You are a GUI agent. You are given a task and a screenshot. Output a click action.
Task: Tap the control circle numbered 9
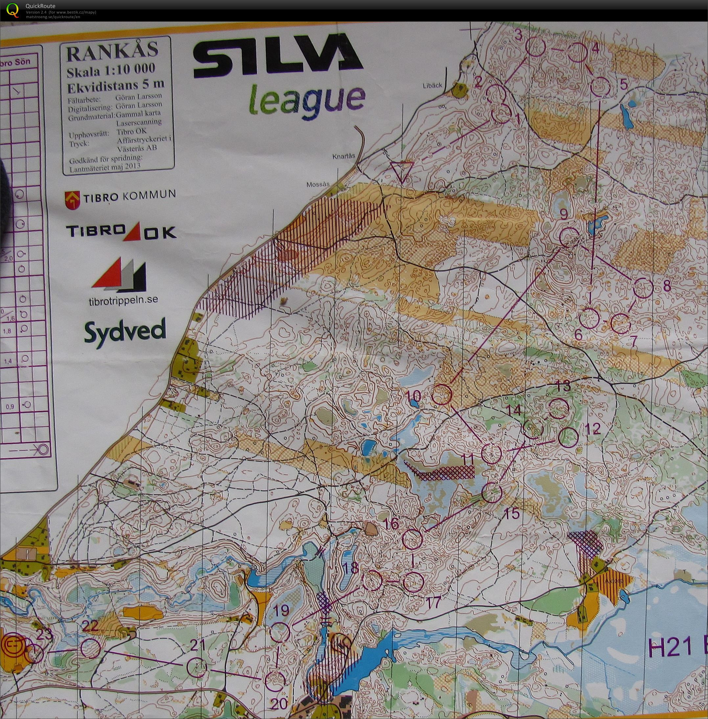pos(569,237)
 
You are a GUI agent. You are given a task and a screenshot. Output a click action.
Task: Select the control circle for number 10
pos(442,395)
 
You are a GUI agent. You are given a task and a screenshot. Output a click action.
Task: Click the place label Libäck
pos(432,85)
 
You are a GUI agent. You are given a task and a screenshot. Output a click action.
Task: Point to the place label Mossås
pos(318,184)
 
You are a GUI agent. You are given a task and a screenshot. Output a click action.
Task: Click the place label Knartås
pos(344,156)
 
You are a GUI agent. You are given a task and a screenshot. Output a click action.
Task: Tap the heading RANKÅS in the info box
pos(112,52)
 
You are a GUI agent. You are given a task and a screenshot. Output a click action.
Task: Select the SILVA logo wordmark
pos(277,56)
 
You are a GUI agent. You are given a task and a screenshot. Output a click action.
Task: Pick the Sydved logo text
pos(125,332)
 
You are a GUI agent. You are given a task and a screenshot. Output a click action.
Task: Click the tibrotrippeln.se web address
pos(124,300)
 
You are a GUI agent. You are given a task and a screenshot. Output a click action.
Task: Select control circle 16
pos(413,539)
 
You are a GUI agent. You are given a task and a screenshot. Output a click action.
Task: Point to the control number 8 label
pos(667,286)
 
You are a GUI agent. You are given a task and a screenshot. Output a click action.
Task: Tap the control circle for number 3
pos(536,47)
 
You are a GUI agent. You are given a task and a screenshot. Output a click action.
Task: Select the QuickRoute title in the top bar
pos(40,6)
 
